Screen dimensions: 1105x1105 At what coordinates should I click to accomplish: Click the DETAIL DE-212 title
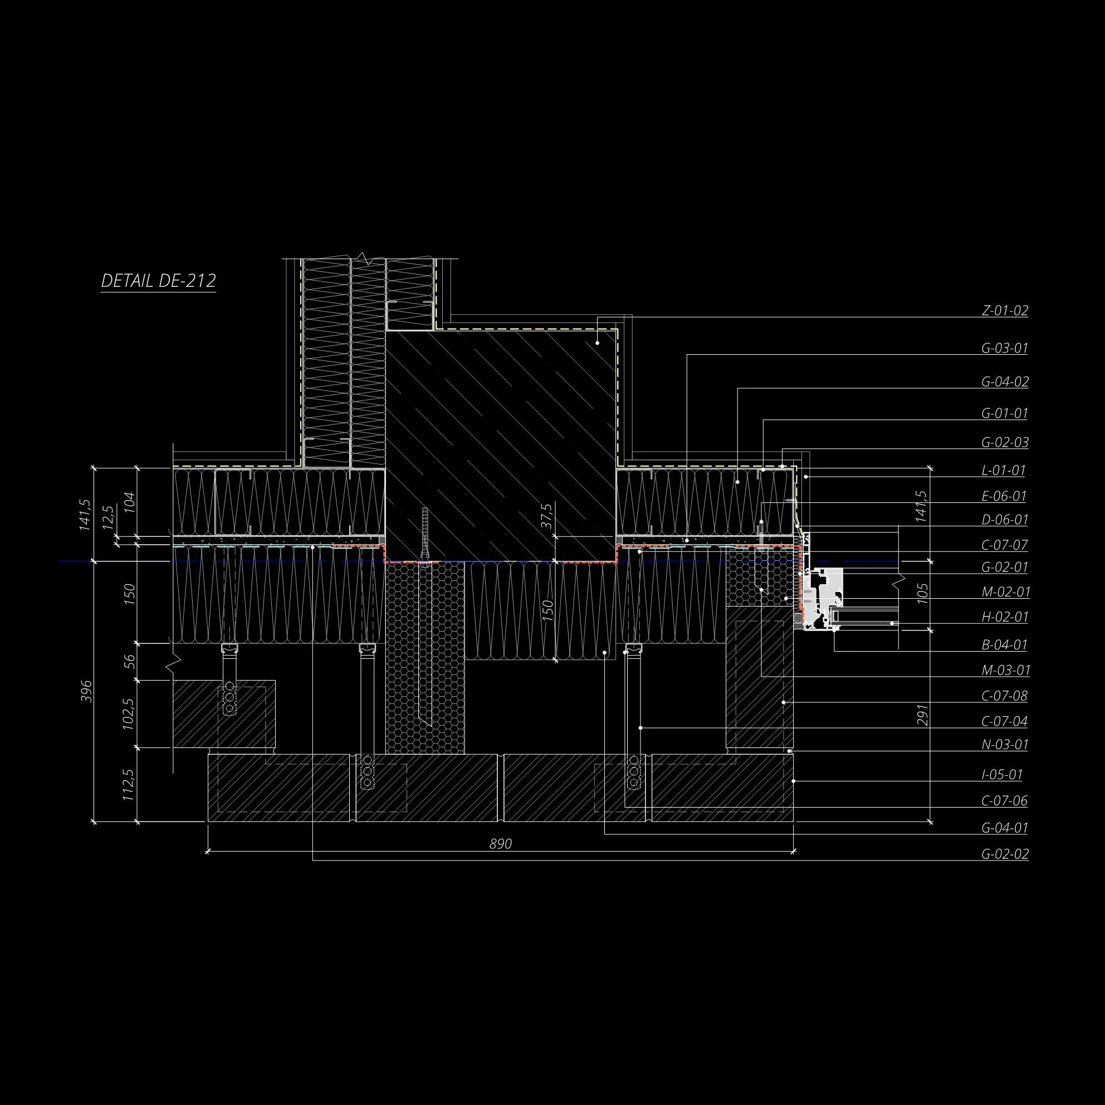tap(158, 281)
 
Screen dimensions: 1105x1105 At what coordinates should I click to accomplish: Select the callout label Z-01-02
tap(1005, 311)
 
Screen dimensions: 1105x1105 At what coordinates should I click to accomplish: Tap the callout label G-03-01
tap(1005, 348)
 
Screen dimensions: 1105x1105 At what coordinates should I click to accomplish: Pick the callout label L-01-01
tap(1004, 471)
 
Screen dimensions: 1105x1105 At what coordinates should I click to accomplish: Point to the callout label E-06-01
tap(1004, 496)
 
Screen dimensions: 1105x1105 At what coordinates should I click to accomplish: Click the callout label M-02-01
tap(1005, 592)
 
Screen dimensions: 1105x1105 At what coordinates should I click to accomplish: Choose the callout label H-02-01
tap(1005, 617)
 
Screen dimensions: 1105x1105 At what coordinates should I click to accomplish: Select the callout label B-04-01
tap(1005, 645)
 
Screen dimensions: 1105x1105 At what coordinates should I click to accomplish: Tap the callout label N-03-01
tap(1005, 745)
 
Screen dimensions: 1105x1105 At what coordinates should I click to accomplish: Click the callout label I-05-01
tap(1002, 775)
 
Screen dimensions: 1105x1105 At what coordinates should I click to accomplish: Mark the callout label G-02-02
tap(1005, 854)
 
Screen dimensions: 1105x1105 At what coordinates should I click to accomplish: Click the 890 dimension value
tap(501, 844)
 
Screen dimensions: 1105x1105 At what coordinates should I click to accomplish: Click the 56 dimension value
tap(130, 661)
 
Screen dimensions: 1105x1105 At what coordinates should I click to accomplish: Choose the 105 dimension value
tap(922, 594)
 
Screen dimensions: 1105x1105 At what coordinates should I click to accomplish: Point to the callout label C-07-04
tap(1005, 721)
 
